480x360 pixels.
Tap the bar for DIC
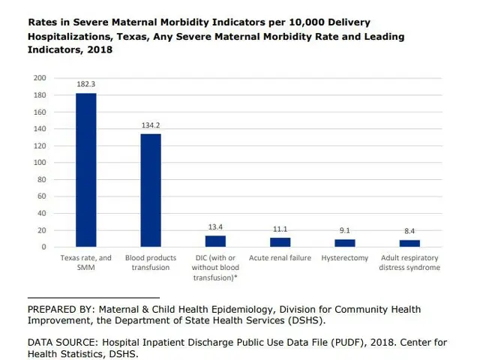[215, 241]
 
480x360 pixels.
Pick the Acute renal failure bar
[280, 242]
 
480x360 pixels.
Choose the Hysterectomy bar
[345, 243]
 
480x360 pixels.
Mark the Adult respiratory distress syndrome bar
[409, 243]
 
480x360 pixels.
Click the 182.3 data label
[85, 85]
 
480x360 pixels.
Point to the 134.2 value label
[151, 125]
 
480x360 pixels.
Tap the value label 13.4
[215, 227]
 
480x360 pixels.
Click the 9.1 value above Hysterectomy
[345, 231]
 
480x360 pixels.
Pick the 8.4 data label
[409, 232]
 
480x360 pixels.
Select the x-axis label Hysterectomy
[345, 259]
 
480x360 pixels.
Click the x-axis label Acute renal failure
[280, 259]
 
